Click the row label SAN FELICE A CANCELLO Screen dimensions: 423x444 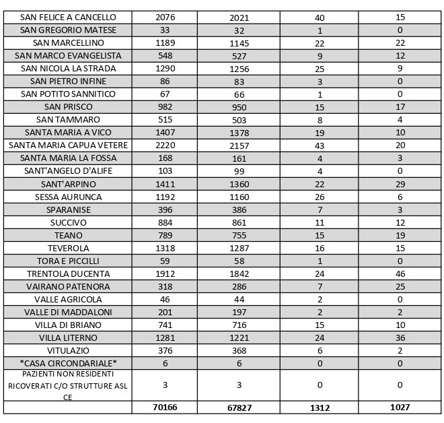coord(68,17)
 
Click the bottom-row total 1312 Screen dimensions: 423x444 coord(320,408)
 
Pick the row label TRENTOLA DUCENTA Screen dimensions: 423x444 coord(68,273)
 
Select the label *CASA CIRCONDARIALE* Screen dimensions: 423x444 coord(68,363)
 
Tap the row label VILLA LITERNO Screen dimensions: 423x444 coord(68,337)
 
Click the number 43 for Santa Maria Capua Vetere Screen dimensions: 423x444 coord(320,145)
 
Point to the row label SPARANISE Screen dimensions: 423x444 coord(68,209)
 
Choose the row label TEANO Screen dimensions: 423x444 coord(68,235)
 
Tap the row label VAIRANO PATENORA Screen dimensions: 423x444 coord(68,286)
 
